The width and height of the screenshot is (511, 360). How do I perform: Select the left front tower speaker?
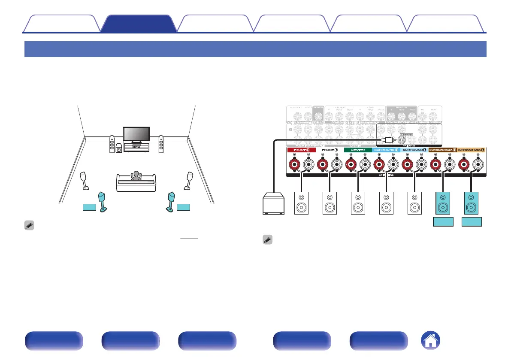[112, 145]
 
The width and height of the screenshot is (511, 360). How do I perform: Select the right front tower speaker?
[161, 145]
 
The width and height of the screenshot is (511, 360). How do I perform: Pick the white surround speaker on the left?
[85, 181]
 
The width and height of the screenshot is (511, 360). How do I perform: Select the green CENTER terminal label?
[357, 150]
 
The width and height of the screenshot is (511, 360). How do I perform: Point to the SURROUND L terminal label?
[414, 150]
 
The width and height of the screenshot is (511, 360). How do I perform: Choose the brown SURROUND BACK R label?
[442, 150]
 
